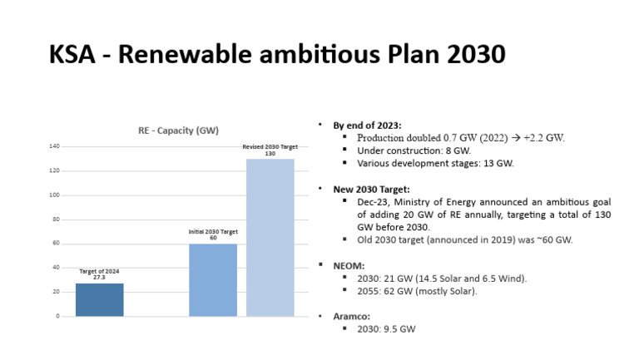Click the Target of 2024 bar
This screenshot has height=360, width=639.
point(99,299)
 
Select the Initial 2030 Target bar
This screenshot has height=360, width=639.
point(212,279)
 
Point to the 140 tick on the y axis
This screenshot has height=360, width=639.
point(54,147)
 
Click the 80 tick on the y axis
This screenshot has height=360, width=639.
point(56,219)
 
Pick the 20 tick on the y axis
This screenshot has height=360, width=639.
point(56,292)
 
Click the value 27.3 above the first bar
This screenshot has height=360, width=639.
point(99,278)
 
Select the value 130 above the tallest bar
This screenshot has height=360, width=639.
point(270,154)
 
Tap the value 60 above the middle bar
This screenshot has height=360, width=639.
point(212,238)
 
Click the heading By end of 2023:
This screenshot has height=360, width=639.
point(369,124)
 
